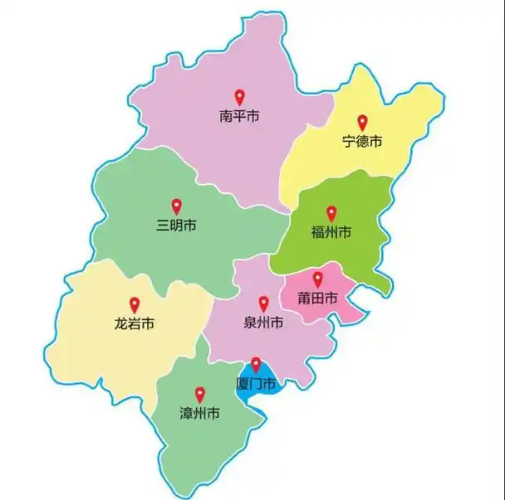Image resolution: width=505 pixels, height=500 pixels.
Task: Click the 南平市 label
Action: click(239, 117)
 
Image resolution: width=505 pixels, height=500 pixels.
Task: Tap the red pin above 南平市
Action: click(239, 97)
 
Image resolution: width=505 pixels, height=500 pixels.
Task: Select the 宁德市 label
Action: click(362, 142)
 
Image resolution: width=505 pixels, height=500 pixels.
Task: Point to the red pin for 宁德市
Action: click(362, 123)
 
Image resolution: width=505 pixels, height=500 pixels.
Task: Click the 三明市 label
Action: click(176, 225)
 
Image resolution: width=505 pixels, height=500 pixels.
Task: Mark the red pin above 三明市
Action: click(176, 206)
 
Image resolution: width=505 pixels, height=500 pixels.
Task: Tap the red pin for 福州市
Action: click(331, 213)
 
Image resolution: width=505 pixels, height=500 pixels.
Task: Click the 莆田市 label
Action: click(317, 298)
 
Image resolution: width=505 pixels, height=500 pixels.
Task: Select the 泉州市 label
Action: click(264, 322)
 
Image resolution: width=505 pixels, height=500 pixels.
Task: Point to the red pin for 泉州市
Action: click(264, 303)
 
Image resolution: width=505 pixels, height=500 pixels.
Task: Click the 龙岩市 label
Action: click(135, 323)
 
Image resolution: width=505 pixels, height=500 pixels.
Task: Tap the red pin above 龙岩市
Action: click(135, 304)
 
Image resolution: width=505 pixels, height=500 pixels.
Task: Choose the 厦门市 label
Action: click(256, 383)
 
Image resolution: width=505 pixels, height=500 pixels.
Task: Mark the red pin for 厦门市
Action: click(256, 364)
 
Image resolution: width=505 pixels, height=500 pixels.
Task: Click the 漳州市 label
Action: click(199, 413)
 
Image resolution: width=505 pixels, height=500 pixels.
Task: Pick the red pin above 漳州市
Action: click(199, 394)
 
